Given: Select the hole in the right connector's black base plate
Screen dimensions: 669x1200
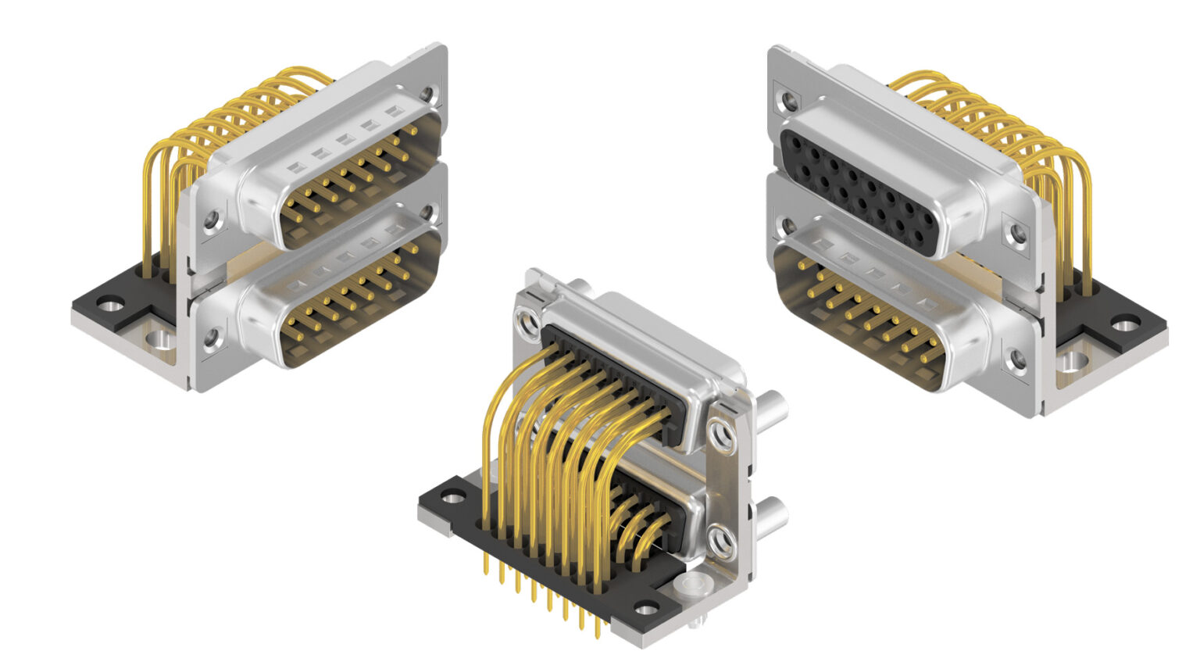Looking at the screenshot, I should tap(1126, 322).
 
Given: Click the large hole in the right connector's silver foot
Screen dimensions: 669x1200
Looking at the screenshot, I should tap(1074, 360).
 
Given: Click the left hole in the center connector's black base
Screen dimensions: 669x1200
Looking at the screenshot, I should tap(454, 495).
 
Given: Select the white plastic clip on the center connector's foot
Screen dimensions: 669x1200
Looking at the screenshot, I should tap(691, 585).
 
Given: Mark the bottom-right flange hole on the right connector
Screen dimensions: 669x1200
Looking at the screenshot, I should tap(1018, 359).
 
